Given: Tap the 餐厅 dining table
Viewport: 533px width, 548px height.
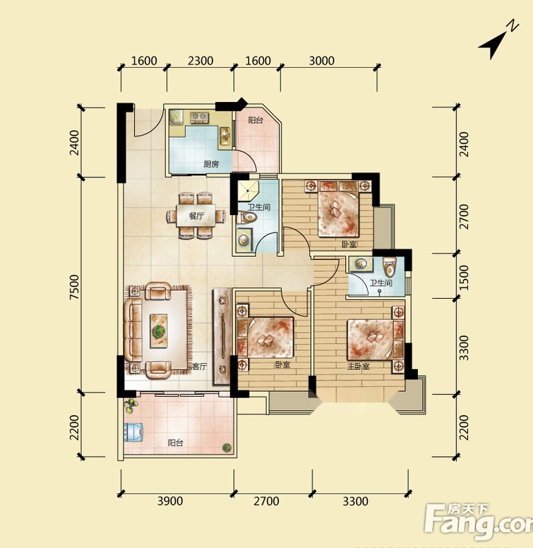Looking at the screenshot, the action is coord(196,216).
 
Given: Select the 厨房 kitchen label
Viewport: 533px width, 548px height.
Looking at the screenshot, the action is coord(211,164).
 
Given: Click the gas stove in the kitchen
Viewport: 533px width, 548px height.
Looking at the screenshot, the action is coord(199,117).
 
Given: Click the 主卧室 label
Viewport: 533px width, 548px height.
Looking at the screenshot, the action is coord(358,366).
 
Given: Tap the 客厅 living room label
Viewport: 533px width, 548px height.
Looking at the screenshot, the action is coord(199,366).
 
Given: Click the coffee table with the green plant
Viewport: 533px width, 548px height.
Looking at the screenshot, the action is coord(159,331).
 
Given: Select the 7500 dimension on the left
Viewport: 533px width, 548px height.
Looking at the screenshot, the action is coord(75,287).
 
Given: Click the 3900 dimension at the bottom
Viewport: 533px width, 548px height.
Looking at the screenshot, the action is coord(170,501).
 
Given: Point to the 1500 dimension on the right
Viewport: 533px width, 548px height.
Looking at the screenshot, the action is coord(463,277).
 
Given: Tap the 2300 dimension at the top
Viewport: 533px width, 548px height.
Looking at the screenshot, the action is coord(200,61).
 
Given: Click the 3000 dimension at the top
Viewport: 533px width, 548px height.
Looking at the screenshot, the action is coord(321,61).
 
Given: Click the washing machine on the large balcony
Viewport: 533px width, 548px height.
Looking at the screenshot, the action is coord(134,432).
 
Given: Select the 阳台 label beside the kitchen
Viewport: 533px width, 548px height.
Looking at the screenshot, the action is coord(256,121).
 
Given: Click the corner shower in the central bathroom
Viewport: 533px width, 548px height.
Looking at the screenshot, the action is coord(248,191).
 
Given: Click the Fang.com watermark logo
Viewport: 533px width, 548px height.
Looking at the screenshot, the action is coord(479,523).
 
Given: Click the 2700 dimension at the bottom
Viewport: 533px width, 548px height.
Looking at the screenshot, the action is coord(266,501).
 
